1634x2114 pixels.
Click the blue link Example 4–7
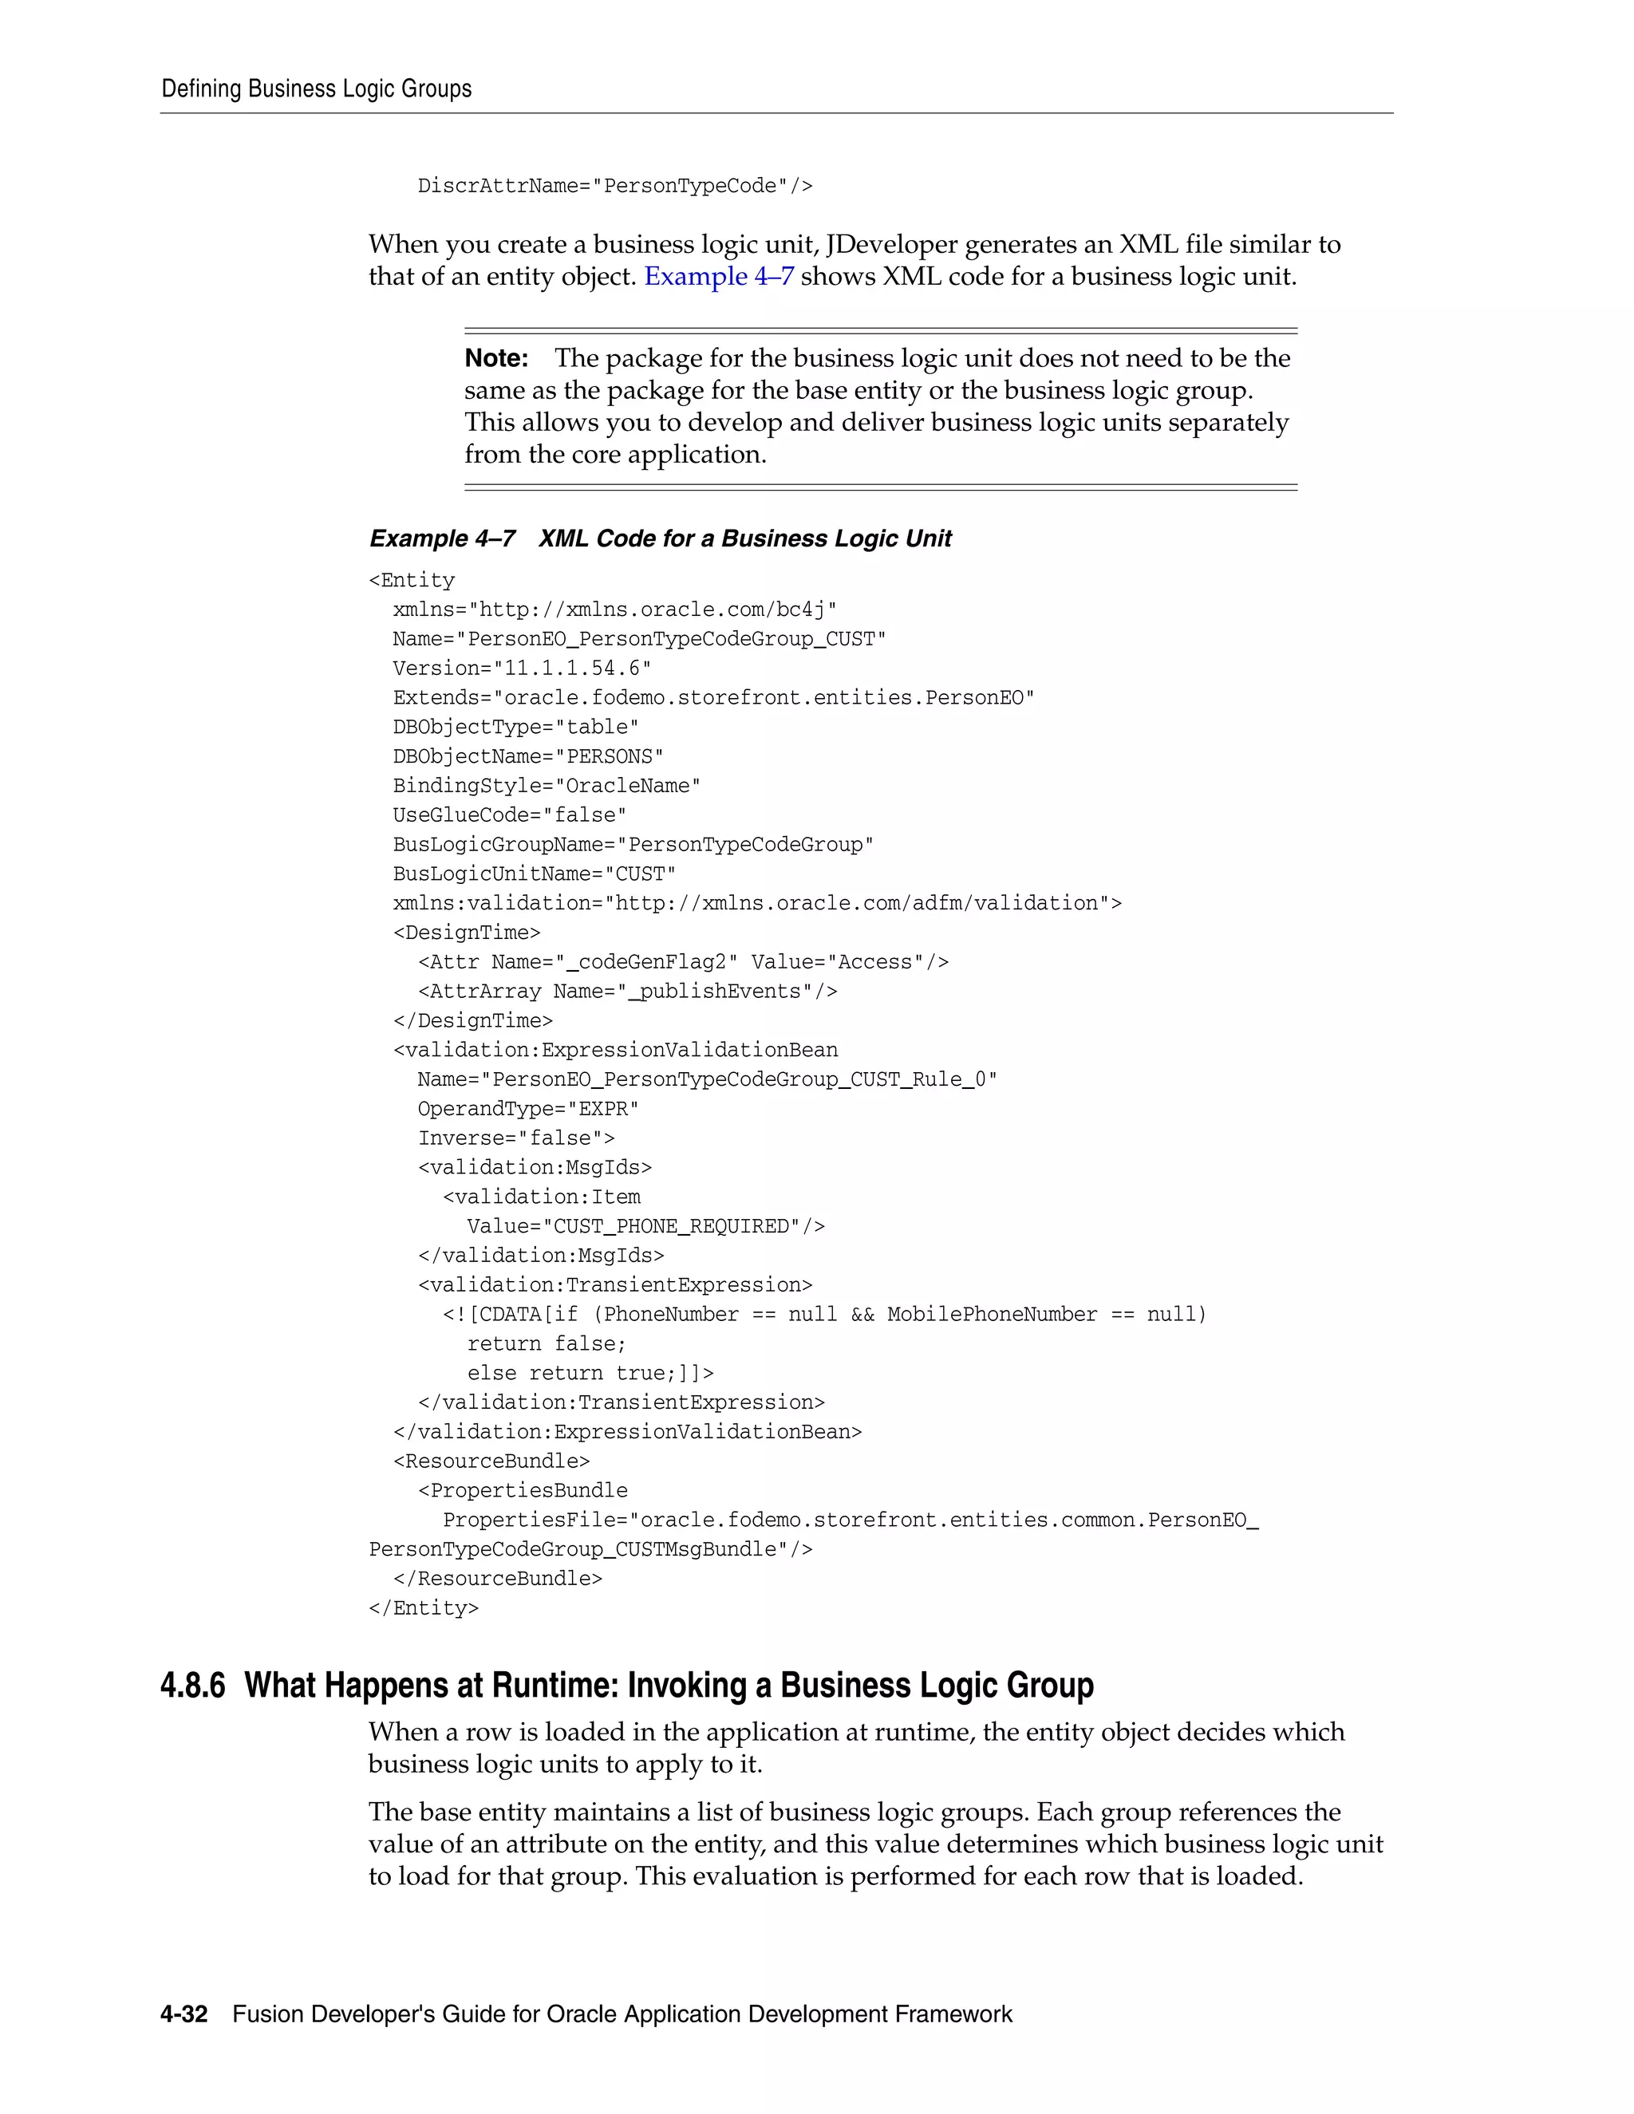pos(718,277)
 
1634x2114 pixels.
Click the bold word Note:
pos(495,358)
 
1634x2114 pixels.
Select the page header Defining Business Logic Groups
pos(317,89)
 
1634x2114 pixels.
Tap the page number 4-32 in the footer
pos(184,2014)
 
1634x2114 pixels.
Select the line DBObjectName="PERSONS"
pos(527,757)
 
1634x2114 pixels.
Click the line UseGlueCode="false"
pos(509,815)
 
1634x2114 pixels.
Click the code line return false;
pos(547,1343)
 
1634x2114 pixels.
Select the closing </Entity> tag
pos(423,1607)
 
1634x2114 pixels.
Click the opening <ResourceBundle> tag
pos(491,1461)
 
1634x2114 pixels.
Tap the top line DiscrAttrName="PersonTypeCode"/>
pos(614,186)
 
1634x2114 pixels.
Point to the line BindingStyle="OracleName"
pos(546,786)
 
